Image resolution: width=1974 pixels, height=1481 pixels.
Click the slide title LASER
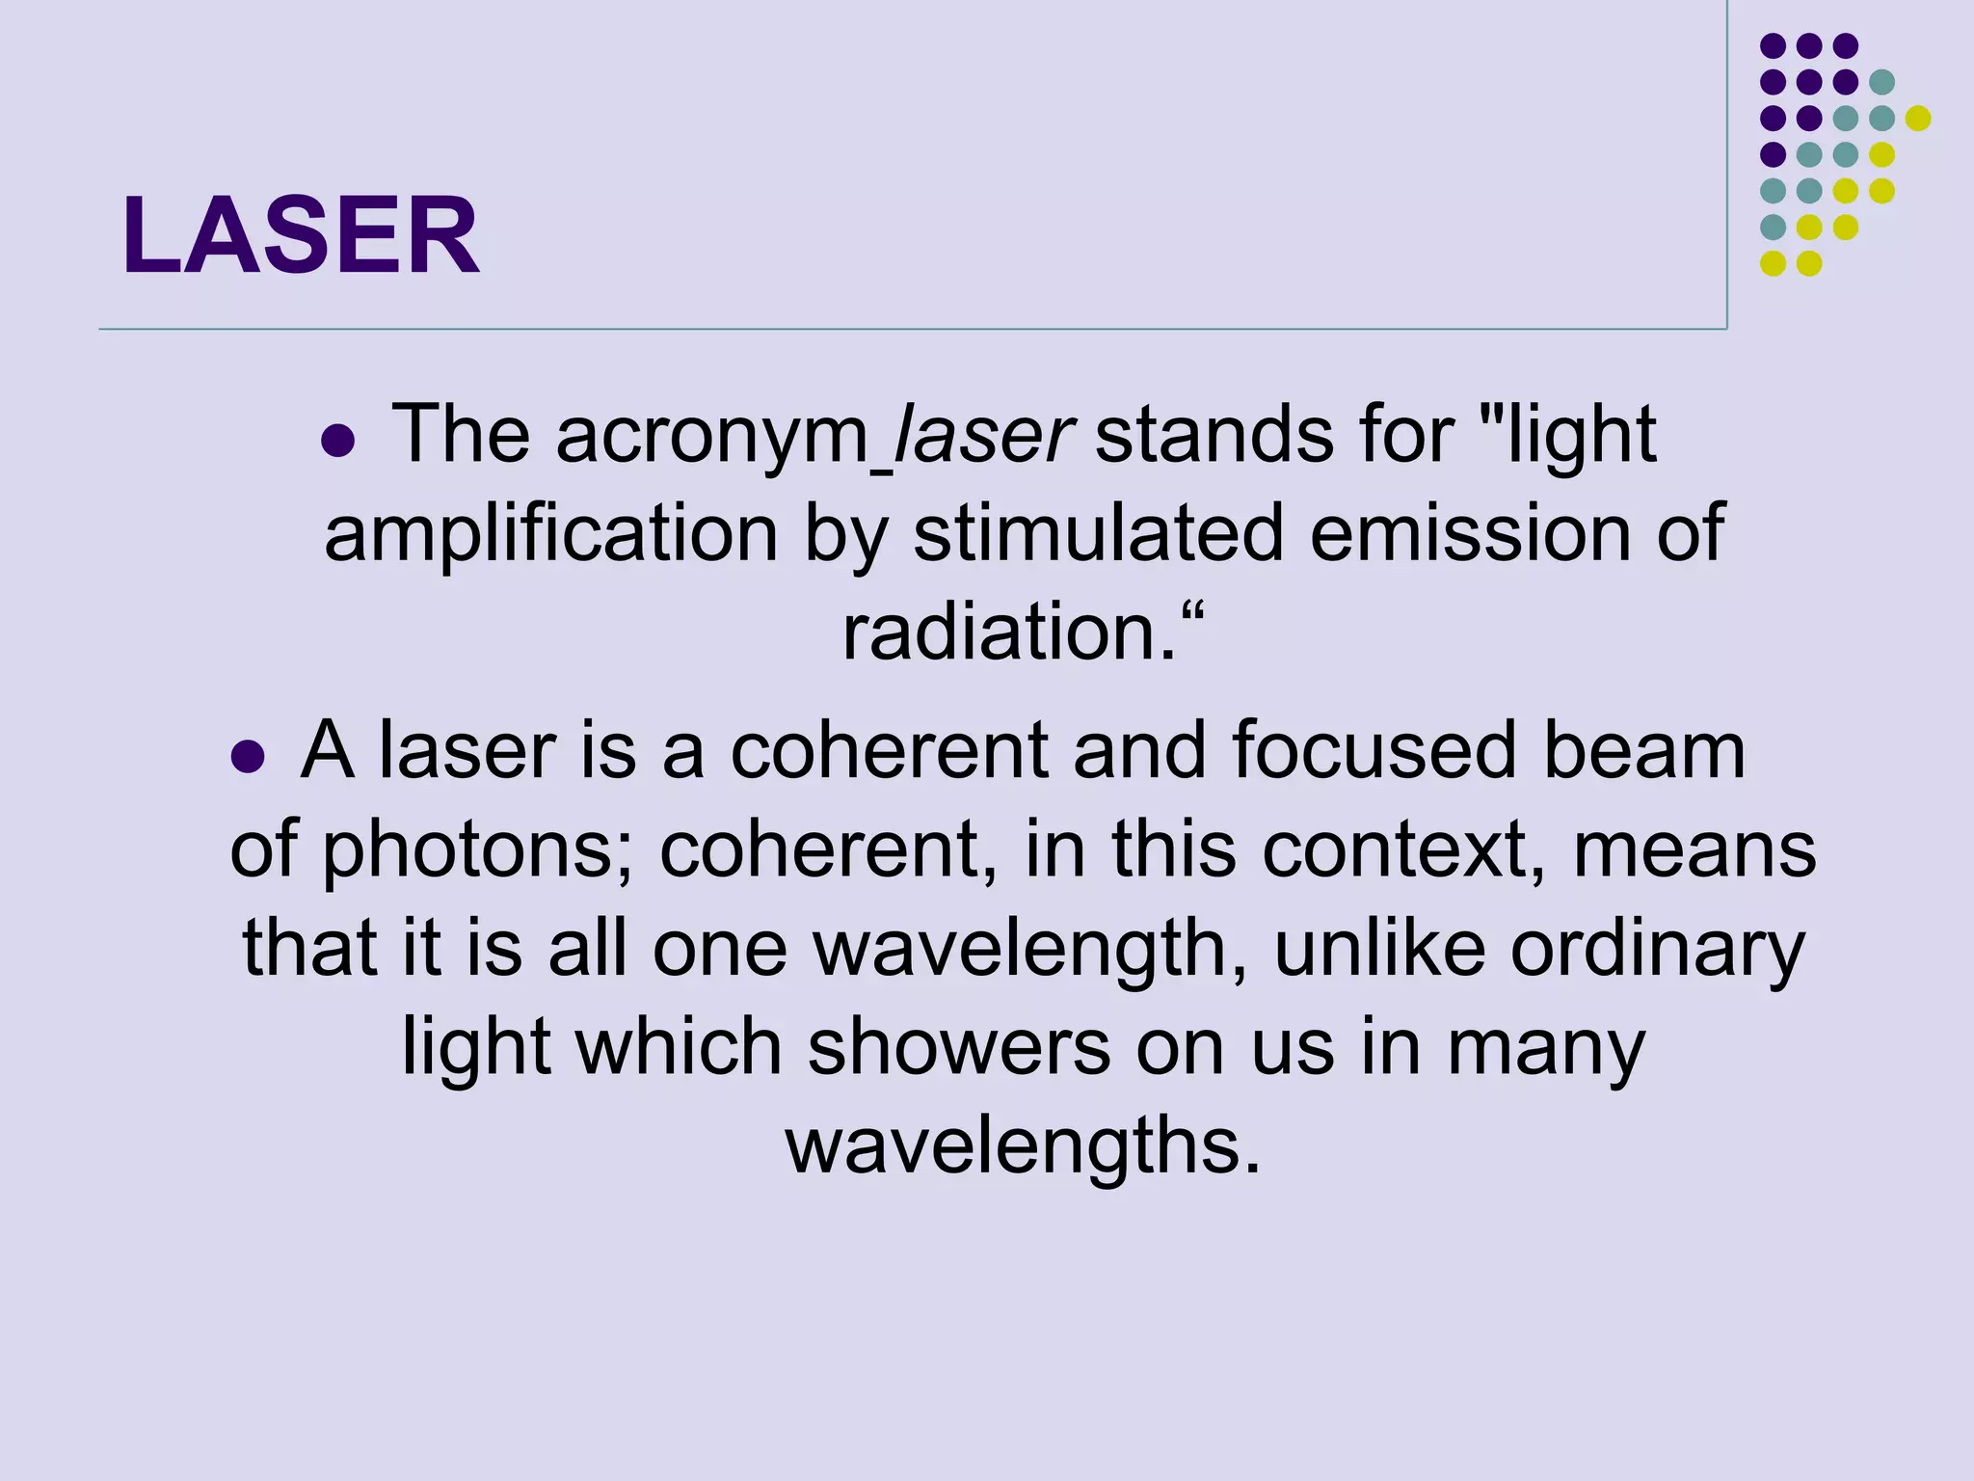coord(301,235)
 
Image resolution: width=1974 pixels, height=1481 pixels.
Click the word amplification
coord(550,534)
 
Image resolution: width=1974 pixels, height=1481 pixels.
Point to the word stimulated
coord(1098,534)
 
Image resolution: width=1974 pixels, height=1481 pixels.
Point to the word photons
coord(476,852)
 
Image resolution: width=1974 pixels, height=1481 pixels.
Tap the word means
coord(1694,852)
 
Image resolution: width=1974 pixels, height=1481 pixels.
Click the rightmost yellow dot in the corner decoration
coord(1918,119)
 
